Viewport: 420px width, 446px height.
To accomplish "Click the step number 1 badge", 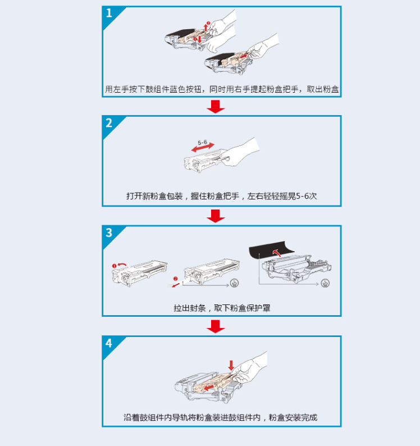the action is [109, 13].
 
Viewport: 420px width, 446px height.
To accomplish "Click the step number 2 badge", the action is [109, 123].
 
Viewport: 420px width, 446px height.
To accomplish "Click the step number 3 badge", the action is [109, 233].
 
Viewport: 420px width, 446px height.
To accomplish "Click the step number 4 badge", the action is [109, 343].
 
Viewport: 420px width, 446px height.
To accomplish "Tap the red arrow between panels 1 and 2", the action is [216, 107].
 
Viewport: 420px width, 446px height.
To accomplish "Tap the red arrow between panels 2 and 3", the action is [216, 216].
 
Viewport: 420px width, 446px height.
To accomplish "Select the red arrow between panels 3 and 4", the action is [216, 326].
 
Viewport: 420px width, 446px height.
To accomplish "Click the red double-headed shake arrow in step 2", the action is [203, 148].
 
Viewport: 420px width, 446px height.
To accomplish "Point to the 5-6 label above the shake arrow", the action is [202, 142].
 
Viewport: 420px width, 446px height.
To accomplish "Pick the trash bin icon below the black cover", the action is [325, 283].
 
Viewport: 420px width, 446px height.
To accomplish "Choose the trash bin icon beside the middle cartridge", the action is [234, 283].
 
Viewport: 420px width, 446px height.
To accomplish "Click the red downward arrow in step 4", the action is [231, 366].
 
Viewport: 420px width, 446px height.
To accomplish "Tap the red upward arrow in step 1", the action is [206, 28].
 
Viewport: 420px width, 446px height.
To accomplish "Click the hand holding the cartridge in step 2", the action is [241, 153].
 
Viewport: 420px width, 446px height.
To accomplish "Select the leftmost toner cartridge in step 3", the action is [139, 273].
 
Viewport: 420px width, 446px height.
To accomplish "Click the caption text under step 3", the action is [222, 308].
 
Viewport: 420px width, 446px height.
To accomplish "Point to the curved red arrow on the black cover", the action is [276, 252].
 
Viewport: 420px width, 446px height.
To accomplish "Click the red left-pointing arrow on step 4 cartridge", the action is [209, 388].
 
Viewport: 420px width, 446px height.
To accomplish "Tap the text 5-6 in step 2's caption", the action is [302, 196].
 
